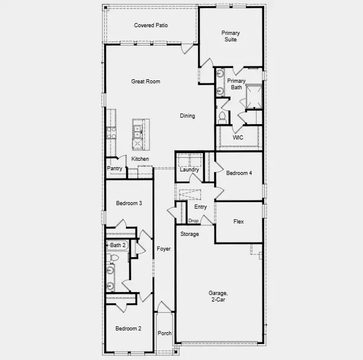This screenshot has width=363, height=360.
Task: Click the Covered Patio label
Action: [151, 25]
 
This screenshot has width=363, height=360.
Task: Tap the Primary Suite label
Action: [231, 37]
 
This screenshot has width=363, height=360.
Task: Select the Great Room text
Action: [145, 82]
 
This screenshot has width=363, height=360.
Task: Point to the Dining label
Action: [187, 116]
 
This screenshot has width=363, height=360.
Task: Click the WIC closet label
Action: [238, 137]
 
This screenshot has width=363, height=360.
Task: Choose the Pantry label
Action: [115, 168]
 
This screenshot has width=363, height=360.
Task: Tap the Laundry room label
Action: [190, 170]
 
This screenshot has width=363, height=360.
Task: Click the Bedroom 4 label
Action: [239, 173]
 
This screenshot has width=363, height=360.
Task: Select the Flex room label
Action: [238, 222]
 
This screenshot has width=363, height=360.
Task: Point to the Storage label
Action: [190, 234]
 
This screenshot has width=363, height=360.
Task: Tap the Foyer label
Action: [163, 249]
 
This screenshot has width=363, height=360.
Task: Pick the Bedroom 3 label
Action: [128, 203]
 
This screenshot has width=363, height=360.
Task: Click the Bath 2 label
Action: [116, 245]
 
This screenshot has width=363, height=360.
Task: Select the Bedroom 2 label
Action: [128, 329]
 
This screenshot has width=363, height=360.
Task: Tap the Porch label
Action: [165, 333]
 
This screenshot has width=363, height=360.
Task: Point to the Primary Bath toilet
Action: [222, 116]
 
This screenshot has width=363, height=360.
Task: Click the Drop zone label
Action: [193, 221]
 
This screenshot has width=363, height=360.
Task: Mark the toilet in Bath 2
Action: [114, 258]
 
